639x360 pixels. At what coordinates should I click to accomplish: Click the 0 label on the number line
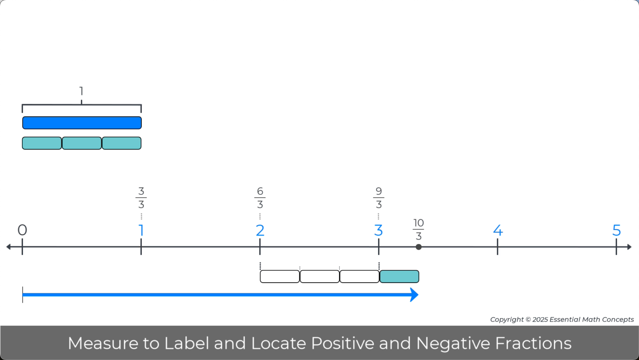pyautogui.click(x=22, y=230)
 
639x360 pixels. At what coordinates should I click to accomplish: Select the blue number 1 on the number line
pyautogui.click(x=141, y=230)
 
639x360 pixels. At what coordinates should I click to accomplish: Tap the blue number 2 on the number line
pyautogui.click(x=260, y=230)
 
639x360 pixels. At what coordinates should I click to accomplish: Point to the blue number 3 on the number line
pyautogui.click(x=378, y=230)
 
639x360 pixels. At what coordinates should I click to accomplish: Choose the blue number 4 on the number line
pyautogui.click(x=498, y=230)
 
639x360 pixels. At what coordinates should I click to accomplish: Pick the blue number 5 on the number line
pyautogui.click(x=617, y=230)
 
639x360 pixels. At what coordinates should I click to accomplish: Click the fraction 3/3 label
pyautogui.click(x=141, y=198)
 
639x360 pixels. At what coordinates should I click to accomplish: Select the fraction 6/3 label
pyautogui.click(x=260, y=198)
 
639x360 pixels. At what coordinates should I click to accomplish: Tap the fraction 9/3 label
pyautogui.click(x=379, y=198)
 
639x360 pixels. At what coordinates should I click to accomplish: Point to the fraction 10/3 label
pyautogui.click(x=418, y=229)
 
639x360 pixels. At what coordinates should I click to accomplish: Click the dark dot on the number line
pyautogui.click(x=419, y=247)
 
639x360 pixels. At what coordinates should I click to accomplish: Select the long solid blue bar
pyautogui.click(x=82, y=123)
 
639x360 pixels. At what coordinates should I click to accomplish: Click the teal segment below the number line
pyautogui.click(x=399, y=276)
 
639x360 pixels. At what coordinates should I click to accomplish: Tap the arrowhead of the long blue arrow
pyautogui.click(x=414, y=295)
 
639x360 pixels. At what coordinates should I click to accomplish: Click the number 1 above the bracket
pyautogui.click(x=81, y=91)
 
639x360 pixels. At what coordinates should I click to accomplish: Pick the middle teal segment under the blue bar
pyautogui.click(x=82, y=143)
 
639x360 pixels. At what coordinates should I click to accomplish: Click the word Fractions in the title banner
pyautogui.click(x=533, y=343)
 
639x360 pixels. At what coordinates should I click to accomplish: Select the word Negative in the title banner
pyautogui.click(x=453, y=343)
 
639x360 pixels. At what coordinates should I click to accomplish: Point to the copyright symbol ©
pyautogui.click(x=528, y=320)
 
